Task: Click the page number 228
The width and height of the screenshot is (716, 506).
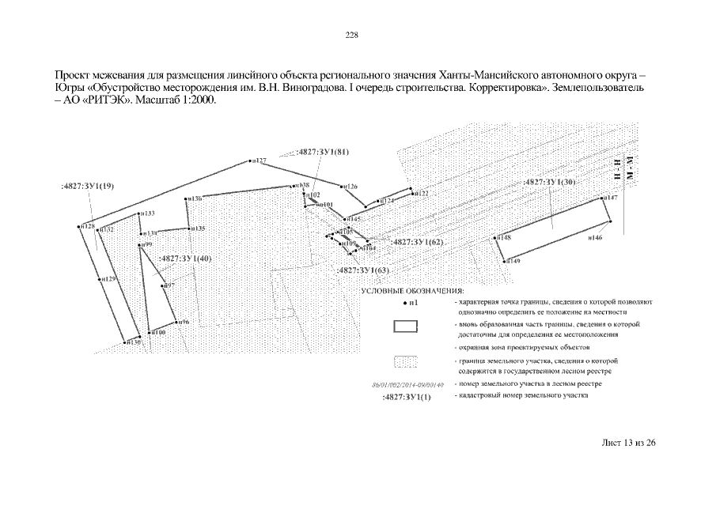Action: tap(352, 35)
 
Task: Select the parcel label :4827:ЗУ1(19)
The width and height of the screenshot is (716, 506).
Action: tap(88, 186)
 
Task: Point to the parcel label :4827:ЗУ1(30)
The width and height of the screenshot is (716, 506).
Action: tap(553, 182)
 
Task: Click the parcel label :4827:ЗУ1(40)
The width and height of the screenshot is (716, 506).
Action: tap(185, 259)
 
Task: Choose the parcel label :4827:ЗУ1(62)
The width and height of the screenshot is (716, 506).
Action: tap(418, 242)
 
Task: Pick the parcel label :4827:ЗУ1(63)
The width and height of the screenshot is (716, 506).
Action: tap(363, 270)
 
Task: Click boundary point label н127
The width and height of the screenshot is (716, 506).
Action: tap(260, 160)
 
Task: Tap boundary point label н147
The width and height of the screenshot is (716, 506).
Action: tap(611, 198)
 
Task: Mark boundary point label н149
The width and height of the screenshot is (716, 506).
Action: tap(513, 261)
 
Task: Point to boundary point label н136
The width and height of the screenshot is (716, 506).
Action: tap(194, 198)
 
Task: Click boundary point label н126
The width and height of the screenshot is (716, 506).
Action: tap(350, 187)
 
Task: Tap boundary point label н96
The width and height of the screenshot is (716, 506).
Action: tap(183, 322)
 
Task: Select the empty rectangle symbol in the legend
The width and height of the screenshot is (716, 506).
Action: tap(406, 327)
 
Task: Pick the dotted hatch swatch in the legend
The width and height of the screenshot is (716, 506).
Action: tap(406, 363)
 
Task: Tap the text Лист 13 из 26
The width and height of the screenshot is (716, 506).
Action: tap(629, 442)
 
